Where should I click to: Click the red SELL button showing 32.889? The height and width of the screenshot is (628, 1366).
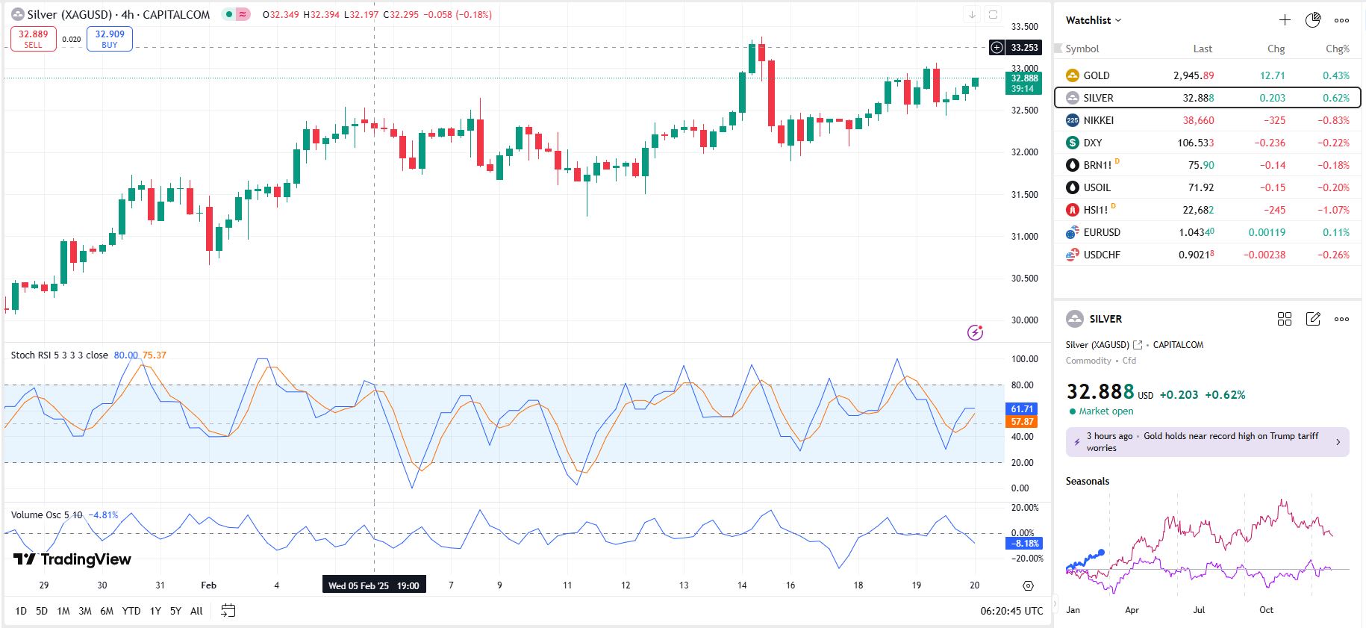coord(33,39)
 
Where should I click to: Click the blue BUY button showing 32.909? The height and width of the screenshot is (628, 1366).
coord(110,39)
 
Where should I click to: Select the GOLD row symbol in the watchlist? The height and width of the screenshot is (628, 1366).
coord(1096,75)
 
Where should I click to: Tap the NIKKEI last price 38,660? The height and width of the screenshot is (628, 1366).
coord(1197,120)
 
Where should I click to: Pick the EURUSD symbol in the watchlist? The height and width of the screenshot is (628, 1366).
coord(1101,232)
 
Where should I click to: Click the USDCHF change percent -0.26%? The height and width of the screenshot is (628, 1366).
coord(1333,255)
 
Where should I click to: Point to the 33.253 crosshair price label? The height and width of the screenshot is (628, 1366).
coord(1023,48)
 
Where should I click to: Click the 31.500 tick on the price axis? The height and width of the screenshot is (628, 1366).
coord(1024,195)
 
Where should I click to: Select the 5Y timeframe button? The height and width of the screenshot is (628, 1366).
coord(175,611)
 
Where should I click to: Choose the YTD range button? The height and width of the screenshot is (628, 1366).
coord(131,611)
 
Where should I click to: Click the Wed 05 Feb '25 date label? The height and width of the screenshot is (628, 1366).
coord(373,585)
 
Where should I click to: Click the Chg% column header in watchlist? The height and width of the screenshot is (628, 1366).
coord(1337,49)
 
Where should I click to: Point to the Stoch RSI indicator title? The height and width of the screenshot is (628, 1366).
coord(59,355)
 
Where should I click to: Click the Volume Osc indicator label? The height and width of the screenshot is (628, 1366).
coord(46,515)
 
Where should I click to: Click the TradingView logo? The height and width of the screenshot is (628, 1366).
coord(72,559)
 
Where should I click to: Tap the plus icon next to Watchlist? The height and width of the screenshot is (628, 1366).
coord(1285,20)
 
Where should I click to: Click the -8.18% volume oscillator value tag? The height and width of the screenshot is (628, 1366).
coord(1023,544)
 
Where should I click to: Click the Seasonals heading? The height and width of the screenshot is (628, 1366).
coord(1087,481)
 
